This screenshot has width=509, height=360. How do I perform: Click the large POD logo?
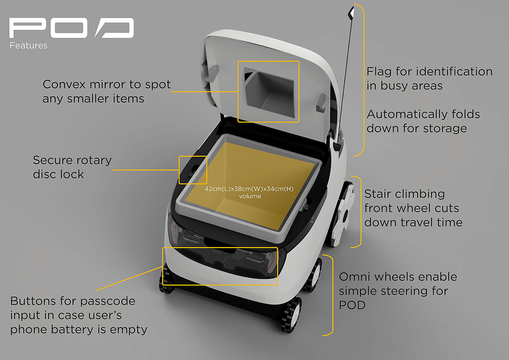(x=72, y=28)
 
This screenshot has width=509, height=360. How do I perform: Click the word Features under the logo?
(x=28, y=45)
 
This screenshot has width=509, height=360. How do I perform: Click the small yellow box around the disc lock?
(x=193, y=170)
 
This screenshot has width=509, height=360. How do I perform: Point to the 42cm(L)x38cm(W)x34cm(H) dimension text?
(x=249, y=189)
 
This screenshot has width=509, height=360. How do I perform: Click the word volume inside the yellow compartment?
(x=250, y=196)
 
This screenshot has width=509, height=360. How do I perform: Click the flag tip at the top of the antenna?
(x=351, y=13)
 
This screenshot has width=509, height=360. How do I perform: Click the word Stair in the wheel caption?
(x=378, y=194)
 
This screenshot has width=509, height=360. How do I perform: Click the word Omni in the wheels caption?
(x=354, y=277)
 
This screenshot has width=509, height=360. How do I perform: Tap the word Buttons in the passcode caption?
(x=33, y=301)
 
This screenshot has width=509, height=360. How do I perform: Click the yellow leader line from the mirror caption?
(x=204, y=92)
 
